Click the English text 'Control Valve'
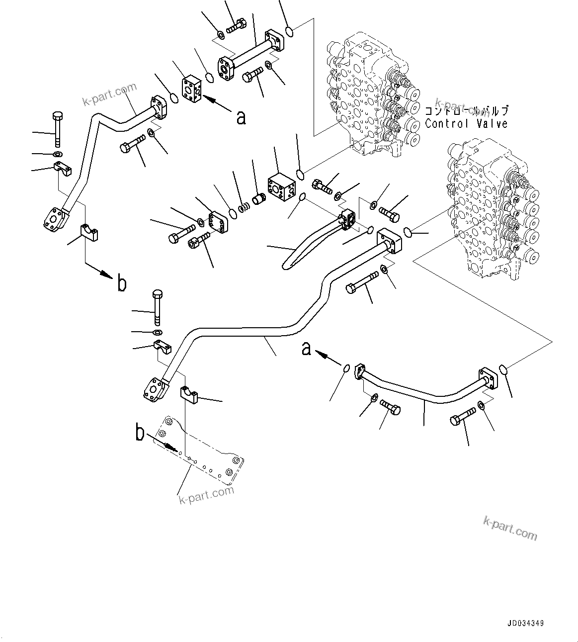[x=466, y=124]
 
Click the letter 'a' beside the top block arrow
[x=241, y=118]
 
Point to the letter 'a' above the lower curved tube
[x=307, y=349]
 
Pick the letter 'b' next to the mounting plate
[x=141, y=433]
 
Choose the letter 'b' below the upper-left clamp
[x=121, y=283]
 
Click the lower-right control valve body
[x=490, y=209]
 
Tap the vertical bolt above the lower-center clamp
[x=158, y=306]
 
